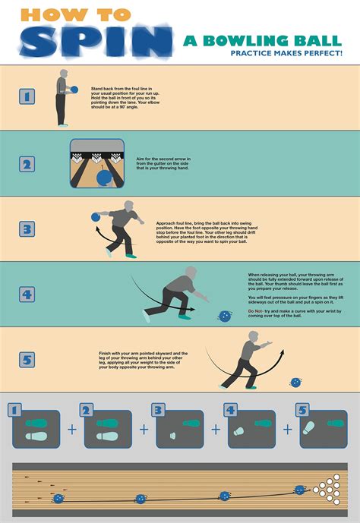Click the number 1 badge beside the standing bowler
[x=27, y=96]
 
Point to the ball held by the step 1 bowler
[x=73, y=90]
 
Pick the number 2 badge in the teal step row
[x=27, y=164]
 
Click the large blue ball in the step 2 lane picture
[x=104, y=178]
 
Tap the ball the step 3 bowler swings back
[x=95, y=217]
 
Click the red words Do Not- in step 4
[x=257, y=311]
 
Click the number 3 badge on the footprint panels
[x=158, y=411]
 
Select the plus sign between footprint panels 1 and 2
[x=72, y=430]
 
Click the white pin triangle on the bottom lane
[x=330, y=489]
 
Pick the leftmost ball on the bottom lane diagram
[x=58, y=499]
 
